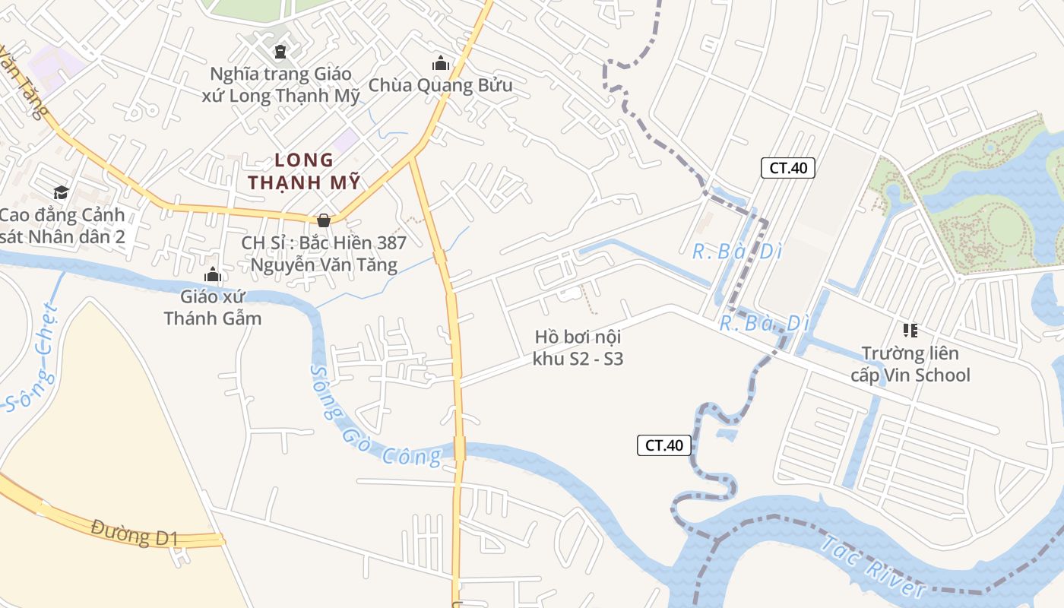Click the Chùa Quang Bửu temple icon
(x=441, y=63)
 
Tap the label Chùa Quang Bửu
(x=440, y=85)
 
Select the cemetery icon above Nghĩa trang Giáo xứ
(x=280, y=52)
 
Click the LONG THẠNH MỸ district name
(x=304, y=171)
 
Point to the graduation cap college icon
(x=61, y=192)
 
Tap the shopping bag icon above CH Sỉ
(x=324, y=220)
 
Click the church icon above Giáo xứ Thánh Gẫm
(x=213, y=274)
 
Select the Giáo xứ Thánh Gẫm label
(x=213, y=307)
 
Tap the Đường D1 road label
(x=134, y=534)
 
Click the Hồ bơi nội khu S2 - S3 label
(x=578, y=347)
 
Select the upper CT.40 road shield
(x=788, y=168)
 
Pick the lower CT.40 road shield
(x=664, y=445)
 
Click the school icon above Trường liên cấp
(x=910, y=331)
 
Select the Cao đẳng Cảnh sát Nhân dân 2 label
(x=62, y=226)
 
